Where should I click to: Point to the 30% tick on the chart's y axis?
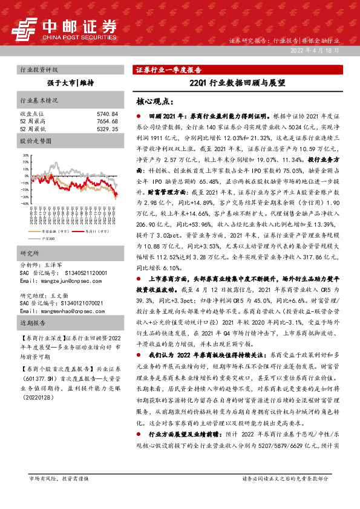pos(25,155)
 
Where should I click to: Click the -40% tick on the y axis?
pos(25,204)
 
